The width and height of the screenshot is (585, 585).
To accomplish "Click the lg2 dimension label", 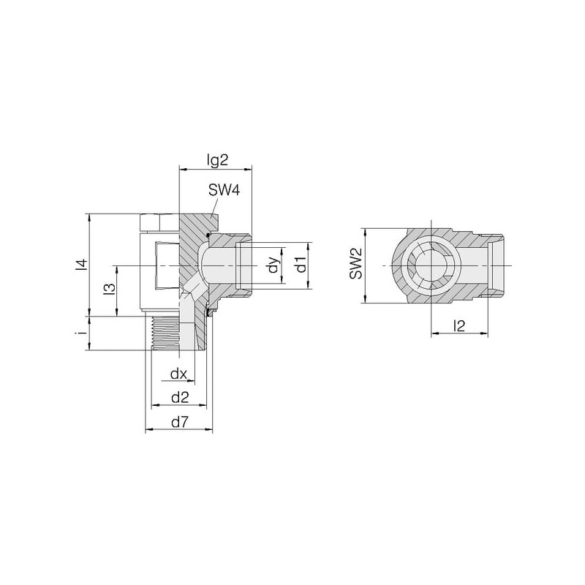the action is (217, 160).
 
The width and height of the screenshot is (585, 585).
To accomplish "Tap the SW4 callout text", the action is (224, 190).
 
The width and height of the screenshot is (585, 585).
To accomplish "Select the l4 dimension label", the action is (82, 264).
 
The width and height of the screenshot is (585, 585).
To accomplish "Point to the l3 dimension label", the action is (110, 290).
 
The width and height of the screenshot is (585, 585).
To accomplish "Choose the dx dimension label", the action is (178, 374).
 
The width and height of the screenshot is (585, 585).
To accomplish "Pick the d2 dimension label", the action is (180, 398).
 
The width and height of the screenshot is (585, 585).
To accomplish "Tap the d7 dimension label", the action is (180, 423).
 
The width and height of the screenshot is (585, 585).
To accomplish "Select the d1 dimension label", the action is (301, 264).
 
